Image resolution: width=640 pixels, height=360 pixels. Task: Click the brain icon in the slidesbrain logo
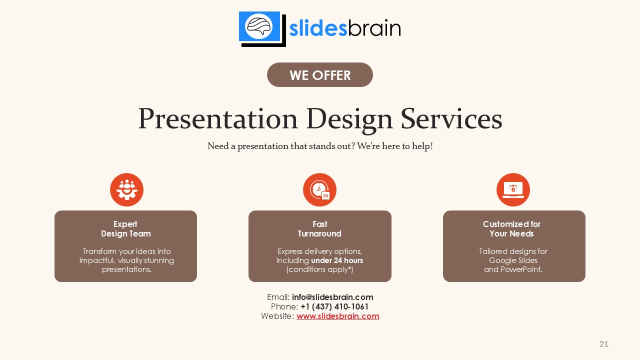pos(259,26)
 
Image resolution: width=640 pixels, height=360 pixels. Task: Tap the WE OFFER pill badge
pos(320,75)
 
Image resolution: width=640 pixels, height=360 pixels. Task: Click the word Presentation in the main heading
pos(217,119)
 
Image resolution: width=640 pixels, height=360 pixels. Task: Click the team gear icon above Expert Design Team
pos(126,190)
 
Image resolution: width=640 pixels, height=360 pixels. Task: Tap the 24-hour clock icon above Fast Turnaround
pos(319,190)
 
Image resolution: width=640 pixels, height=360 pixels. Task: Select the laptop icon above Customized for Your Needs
pos(513,190)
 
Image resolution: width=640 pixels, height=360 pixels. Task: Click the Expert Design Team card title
pos(125,229)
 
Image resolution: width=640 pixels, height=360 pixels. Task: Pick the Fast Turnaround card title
pos(319,229)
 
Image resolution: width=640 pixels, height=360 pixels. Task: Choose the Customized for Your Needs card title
pos(511,229)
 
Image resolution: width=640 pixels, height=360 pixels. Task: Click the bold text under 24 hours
pos(337,260)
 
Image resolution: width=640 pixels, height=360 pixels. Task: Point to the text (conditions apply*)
pos(319,269)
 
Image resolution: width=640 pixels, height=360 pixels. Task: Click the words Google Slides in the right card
pos(513,260)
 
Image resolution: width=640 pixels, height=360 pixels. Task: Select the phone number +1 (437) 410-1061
pos(334,306)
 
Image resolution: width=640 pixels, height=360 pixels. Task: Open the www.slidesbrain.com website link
pos(337,316)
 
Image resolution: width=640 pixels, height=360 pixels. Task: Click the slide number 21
pos(603,344)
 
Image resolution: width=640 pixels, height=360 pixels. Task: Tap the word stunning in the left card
pos(158,260)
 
